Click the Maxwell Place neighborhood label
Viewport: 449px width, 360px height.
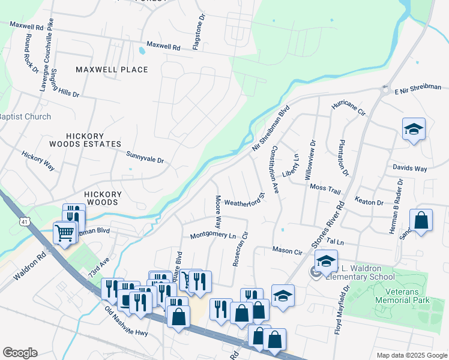pyautogui.click(x=112, y=70)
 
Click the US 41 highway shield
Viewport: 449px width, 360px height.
pyautogui.click(x=23, y=222)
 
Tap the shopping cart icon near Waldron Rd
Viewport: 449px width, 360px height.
pyautogui.click(x=64, y=232)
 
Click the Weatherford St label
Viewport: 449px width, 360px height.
pyautogui.click(x=245, y=200)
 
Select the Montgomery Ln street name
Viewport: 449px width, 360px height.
pyautogui.click(x=212, y=236)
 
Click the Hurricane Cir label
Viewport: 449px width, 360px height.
pyautogui.click(x=349, y=108)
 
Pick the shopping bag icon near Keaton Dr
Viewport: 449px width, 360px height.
pyautogui.click(x=421, y=220)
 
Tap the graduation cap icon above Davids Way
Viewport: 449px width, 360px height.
pyautogui.click(x=414, y=130)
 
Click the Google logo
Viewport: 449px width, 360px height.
pyautogui.click(x=20, y=353)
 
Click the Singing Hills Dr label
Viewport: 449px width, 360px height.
pyautogui.click(x=65, y=84)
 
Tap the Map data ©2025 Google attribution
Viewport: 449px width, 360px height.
pyautogui.click(x=411, y=355)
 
